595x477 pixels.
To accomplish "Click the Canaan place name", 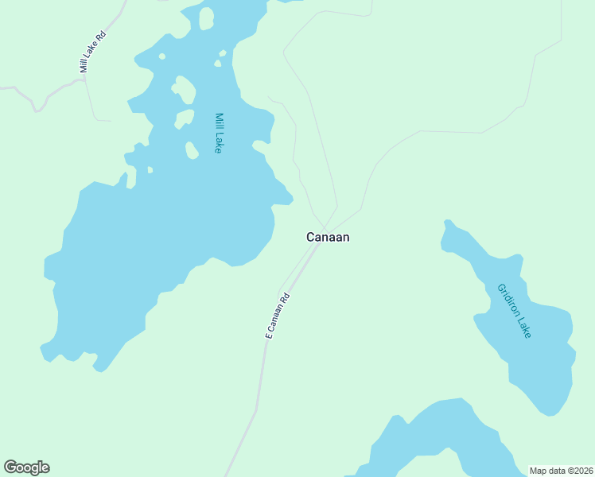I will [x=328, y=237].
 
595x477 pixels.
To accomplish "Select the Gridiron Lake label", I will [x=514, y=311].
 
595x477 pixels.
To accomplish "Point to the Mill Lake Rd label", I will [x=92, y=52].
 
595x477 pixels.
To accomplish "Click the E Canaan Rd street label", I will [x=278, y=316].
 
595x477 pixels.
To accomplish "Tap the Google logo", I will [x=26, y=467].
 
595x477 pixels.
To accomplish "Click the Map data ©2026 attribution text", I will [x=561, y=470].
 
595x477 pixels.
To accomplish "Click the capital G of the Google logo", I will [x=10, y=467].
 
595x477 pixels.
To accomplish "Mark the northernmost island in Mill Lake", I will [x=206, y=17].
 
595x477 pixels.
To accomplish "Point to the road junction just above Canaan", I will [x=325, y=227].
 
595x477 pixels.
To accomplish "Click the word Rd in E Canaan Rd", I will [x=286, y=298].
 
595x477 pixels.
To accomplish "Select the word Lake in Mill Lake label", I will [x=218, y=141].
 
